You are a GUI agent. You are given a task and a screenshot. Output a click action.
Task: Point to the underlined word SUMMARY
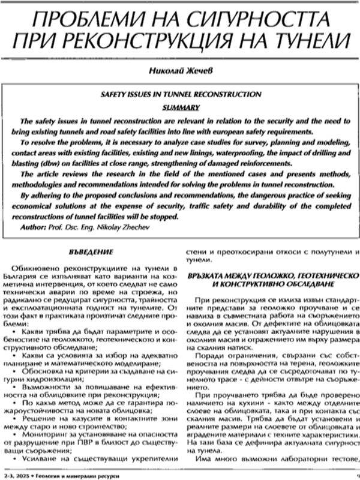click(x=179, y=107)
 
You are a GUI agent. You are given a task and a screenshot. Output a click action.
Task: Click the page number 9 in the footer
click(x=355, y=475)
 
